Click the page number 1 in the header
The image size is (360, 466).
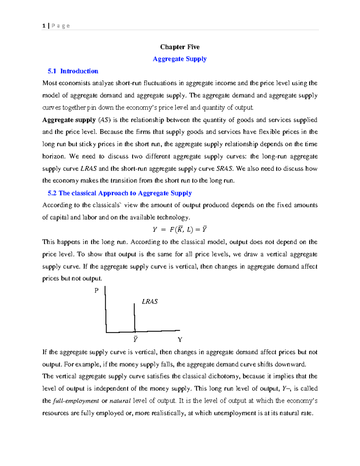click(x=44, y=26)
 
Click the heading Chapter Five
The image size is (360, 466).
click(x=180, y=47)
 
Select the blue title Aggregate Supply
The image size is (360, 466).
click(x=180, y=59)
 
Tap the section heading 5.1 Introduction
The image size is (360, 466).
click(x=73, y=71)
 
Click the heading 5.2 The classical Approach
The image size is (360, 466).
click(x=120, y=193)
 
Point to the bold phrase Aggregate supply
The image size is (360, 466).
click(x=69, y=120)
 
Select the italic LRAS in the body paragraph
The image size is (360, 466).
click(x=88, y=169)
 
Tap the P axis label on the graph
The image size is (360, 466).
click(x=96, y=290)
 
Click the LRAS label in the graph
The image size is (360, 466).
click(x=150, y=302)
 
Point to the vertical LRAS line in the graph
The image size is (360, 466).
click(x=134, y=318)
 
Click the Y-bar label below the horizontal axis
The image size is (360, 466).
click(x=136, y=339)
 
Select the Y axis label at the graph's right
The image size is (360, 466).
click(x=180, y=340)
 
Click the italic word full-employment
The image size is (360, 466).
click(x=76, y=401)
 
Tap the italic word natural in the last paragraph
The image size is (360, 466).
click(x=120, y=401)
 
